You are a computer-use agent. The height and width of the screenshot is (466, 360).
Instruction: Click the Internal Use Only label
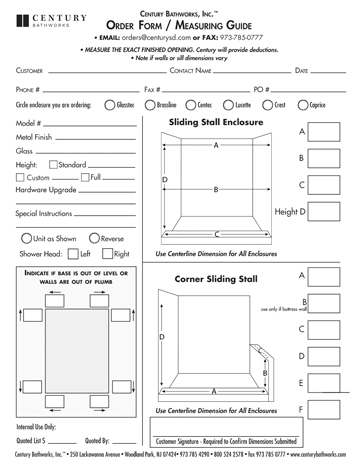[34, 425]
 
